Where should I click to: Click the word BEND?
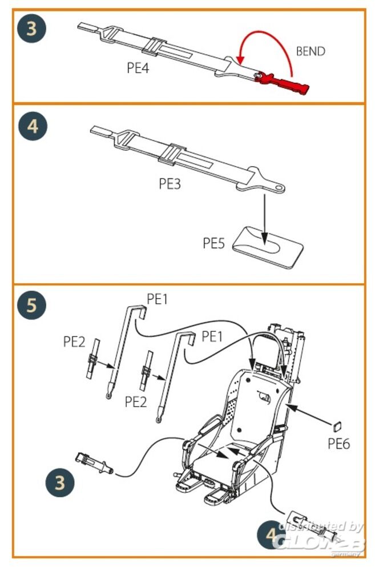tap(310, 51)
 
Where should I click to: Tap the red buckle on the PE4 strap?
tap(284, 81)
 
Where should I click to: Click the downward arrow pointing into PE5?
tap(264, 217)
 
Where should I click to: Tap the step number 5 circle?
tap(33, 305)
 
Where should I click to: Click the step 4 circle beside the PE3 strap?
tap(33, 126)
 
